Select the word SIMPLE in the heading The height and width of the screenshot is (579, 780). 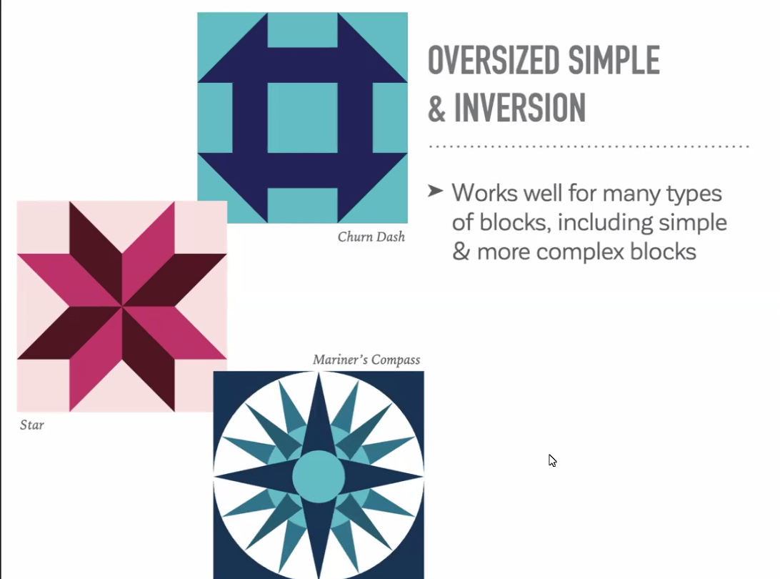click(x=614, y=60)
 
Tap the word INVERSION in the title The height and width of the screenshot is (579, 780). click(x=520, y=107)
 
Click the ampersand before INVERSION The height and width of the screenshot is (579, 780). click(x=436, y=107)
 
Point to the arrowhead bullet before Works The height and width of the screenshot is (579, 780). click(x=435, y=191)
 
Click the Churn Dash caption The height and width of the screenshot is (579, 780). click(x=371, y=237)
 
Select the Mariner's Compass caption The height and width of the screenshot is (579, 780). click(x=366, y=360)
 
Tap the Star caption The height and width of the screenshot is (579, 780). click(x=32, y=425)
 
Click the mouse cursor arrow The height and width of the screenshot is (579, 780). click(x=552, y=460)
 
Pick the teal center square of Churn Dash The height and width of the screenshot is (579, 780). click(x=302, y=118)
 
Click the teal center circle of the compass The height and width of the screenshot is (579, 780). click(x=319, y=477)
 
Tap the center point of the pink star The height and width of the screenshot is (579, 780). click(x=122, y=306)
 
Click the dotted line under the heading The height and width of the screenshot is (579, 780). click(x=589, y=147)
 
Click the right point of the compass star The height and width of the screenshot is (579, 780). click(x=422, y=477)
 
